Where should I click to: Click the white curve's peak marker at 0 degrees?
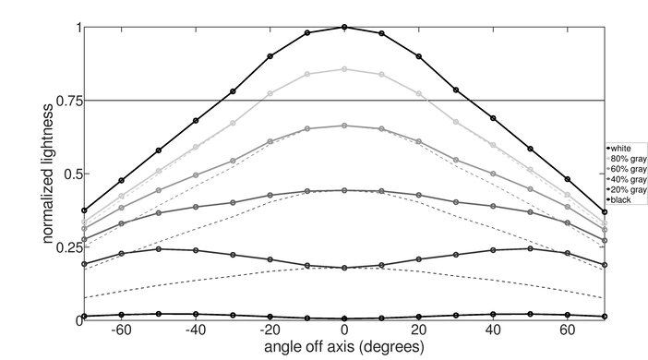344,28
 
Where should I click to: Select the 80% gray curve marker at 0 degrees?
344,69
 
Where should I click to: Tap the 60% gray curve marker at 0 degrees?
344,126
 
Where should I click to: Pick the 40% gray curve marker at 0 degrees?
344,191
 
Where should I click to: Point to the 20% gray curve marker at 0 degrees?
344,268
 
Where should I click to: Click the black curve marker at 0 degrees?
344,318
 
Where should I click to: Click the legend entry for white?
624,148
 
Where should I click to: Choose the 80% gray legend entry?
627,158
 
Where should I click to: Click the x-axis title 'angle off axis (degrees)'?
344,347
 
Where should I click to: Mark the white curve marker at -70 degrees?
84,210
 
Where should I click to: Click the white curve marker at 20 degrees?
419,56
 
